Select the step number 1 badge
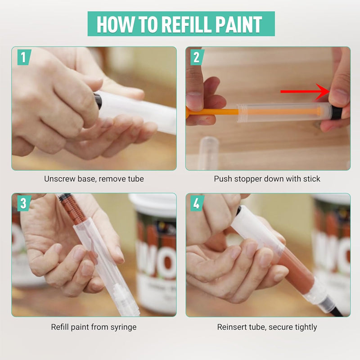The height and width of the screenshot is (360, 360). coord(24,57)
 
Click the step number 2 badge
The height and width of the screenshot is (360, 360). coord(197,57)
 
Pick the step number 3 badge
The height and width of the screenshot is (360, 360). coord(24,203)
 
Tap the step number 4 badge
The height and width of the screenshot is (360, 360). coord(197,203)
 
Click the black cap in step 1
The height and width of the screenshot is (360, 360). coord(98,101)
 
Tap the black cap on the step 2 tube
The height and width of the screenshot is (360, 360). coord(337,112)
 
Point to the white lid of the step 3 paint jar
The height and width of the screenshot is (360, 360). coord(153,204)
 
